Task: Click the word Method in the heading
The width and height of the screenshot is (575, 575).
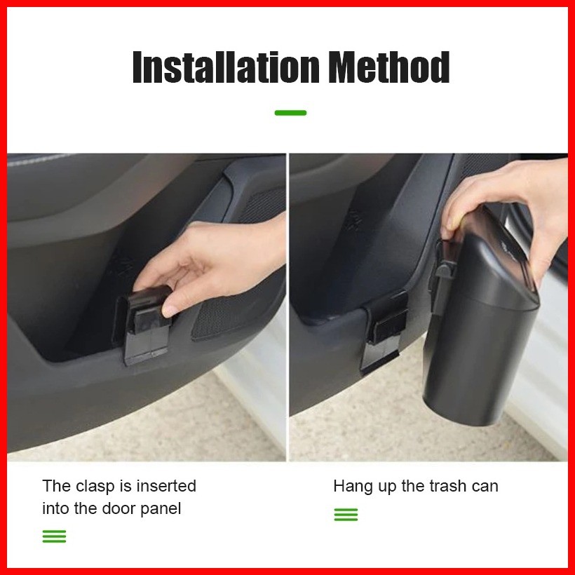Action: (389, 67)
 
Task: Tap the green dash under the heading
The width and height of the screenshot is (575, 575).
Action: (290, 113)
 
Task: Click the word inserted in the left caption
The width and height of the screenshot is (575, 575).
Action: (166, 486)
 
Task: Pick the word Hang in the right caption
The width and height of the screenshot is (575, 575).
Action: (350, 487)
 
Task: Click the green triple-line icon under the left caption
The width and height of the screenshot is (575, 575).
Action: (54, 536)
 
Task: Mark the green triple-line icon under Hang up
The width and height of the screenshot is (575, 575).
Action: (346, 515)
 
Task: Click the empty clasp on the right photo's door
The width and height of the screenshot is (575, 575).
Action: (384, 331)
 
